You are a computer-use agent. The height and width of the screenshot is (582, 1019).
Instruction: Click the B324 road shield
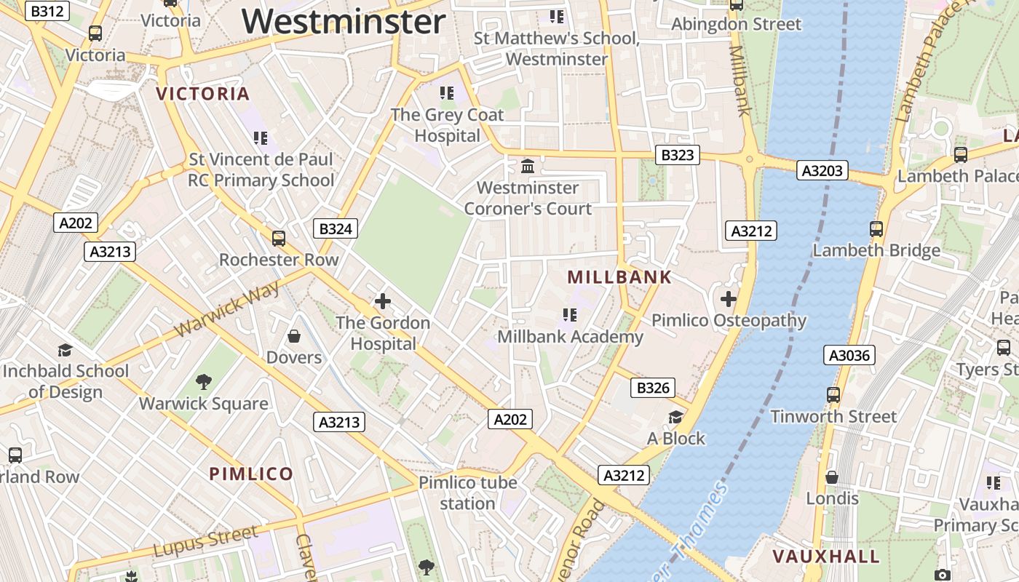336,229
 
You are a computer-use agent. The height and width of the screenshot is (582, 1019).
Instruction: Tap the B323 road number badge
677,154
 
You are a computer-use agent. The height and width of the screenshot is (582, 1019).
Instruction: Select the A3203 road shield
822,170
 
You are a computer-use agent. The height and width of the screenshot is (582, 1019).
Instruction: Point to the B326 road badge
652,388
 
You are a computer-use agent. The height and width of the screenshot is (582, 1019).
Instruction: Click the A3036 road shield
849,355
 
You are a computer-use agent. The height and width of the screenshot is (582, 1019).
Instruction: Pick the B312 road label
48,10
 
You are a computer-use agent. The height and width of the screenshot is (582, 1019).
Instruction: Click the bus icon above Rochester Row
278,238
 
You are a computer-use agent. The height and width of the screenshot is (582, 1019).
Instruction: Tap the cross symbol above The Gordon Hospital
382,300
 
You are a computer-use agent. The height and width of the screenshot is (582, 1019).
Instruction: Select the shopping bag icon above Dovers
294,335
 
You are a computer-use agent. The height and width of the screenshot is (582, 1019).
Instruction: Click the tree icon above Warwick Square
204,381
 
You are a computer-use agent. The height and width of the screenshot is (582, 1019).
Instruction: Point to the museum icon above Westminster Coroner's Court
528,166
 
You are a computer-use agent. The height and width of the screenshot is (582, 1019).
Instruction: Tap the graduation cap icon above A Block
676,417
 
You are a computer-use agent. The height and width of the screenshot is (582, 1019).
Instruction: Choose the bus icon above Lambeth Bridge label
876,229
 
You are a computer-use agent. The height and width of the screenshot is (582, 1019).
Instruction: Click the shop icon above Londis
832,477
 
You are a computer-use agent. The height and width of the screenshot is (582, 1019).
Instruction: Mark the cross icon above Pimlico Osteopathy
728,298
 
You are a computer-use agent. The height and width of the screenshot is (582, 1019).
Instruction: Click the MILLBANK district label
619,277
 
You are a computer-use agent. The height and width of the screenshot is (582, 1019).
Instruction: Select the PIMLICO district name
251,474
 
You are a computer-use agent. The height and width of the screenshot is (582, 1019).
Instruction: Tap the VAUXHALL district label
825,557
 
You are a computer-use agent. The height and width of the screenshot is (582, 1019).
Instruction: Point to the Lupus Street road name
205,541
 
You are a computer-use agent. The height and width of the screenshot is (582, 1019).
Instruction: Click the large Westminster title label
344,21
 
